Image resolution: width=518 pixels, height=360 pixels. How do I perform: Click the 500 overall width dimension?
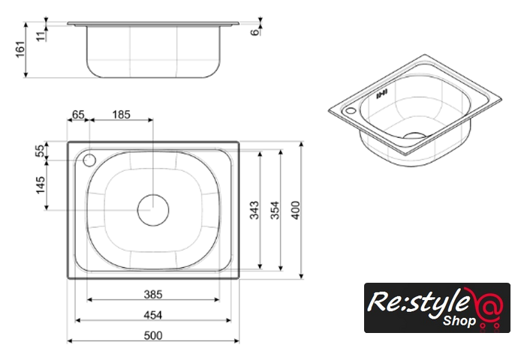pyautogui.click(x=153, y=335)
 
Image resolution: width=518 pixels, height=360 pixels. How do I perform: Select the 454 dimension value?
pyautogui.click(x=153, y=316)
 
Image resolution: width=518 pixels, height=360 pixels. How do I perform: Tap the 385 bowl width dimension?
pyautogui.click(x=153, y=294)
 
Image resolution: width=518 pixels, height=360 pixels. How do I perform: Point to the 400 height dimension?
pyautogui.click(x=296, y=210)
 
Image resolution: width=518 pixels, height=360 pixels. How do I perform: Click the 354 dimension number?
pyautogui.click(x=276, y=210)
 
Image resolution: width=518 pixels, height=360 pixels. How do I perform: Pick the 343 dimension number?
pyautogui.click(x=254, y=210)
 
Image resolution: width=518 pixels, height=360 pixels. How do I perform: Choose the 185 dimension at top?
pyautogui.click(x=121, y=115)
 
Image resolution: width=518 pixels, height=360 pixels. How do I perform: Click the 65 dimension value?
pyautogui.click(x=78, y=115)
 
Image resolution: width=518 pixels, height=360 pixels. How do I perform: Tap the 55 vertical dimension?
pyautogui.click(x=41, y=151)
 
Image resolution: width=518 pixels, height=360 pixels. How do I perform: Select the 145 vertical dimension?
pyautogui.click(x=41, y=185)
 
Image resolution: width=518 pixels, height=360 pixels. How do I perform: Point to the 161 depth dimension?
pyautogui.click(x=20, y=49)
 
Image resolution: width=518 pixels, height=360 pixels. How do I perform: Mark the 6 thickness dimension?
pyautogui.click(x=254, y=32)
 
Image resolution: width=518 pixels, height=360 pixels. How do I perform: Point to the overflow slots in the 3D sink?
pyautogui.click(x=382, y=94)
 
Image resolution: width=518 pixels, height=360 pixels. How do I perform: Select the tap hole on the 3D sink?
pyautogui.click(x=351, y=111)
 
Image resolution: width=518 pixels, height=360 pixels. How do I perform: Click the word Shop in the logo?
pyautogui.click(x=459, y=320)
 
